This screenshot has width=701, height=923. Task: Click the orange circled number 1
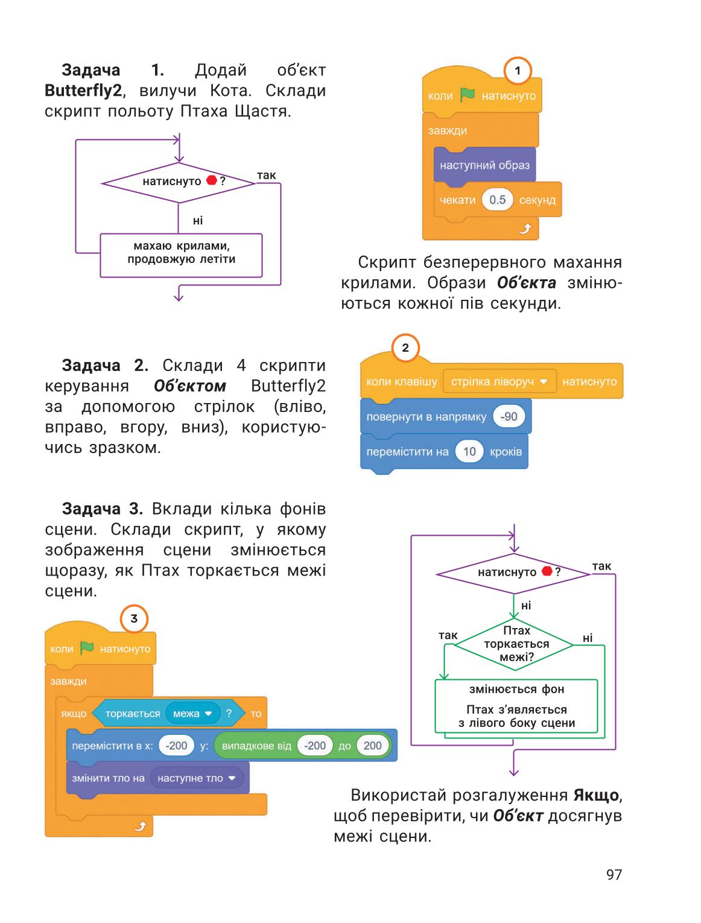(x=517, y=71)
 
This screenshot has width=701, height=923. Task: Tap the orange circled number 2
(x=405, y=347)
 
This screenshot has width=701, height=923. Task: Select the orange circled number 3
(x=134, y=618)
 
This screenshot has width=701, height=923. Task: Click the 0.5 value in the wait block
(x=497, y=200)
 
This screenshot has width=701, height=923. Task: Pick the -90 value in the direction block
(x=509, y=416)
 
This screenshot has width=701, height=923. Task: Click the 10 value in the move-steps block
(x=469, y=451)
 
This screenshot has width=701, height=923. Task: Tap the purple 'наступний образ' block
(x=484, y=166)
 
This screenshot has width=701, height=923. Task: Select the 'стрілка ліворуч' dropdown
(x=500, y=381)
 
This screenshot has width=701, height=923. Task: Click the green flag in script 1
(x=467, y=95)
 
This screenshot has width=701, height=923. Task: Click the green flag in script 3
(x=87, y=648)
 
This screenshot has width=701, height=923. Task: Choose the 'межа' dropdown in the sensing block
(x=192, y=714)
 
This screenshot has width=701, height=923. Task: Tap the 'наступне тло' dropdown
(x=195, y=778)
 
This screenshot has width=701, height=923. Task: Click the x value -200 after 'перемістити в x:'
(x=176, y=746)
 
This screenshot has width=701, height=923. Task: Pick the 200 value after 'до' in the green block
(x=372, y=746)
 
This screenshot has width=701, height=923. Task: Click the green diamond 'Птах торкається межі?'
(x=514, y=643)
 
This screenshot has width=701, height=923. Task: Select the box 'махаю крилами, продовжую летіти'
(x=181, y=255)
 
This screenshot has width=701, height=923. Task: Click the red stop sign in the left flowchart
(x=212, y=180)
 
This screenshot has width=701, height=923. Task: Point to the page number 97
(x=614, y=874)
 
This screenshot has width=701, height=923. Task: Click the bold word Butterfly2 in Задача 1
(x=83, y=90)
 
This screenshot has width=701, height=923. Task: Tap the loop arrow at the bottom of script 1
(x=524, y=228)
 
